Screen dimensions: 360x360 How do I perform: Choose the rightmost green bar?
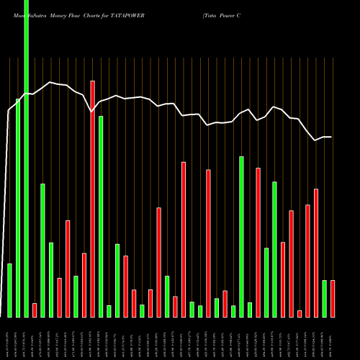click(x=324, y=298)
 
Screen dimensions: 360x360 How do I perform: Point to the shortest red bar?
click(x=300, y=313)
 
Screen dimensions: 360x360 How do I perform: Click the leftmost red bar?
click(x=35, y=310)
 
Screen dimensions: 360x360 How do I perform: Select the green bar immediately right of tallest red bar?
click(x=101, y=216)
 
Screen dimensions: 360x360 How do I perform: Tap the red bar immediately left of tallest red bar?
click(x=84, y=284)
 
